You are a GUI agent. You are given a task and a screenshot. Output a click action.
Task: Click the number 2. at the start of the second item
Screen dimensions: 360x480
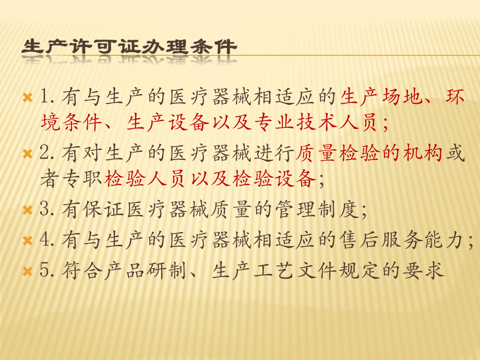(x=47, y=154)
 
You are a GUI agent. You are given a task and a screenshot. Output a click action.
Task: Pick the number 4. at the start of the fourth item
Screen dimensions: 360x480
(x=47, y=241)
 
